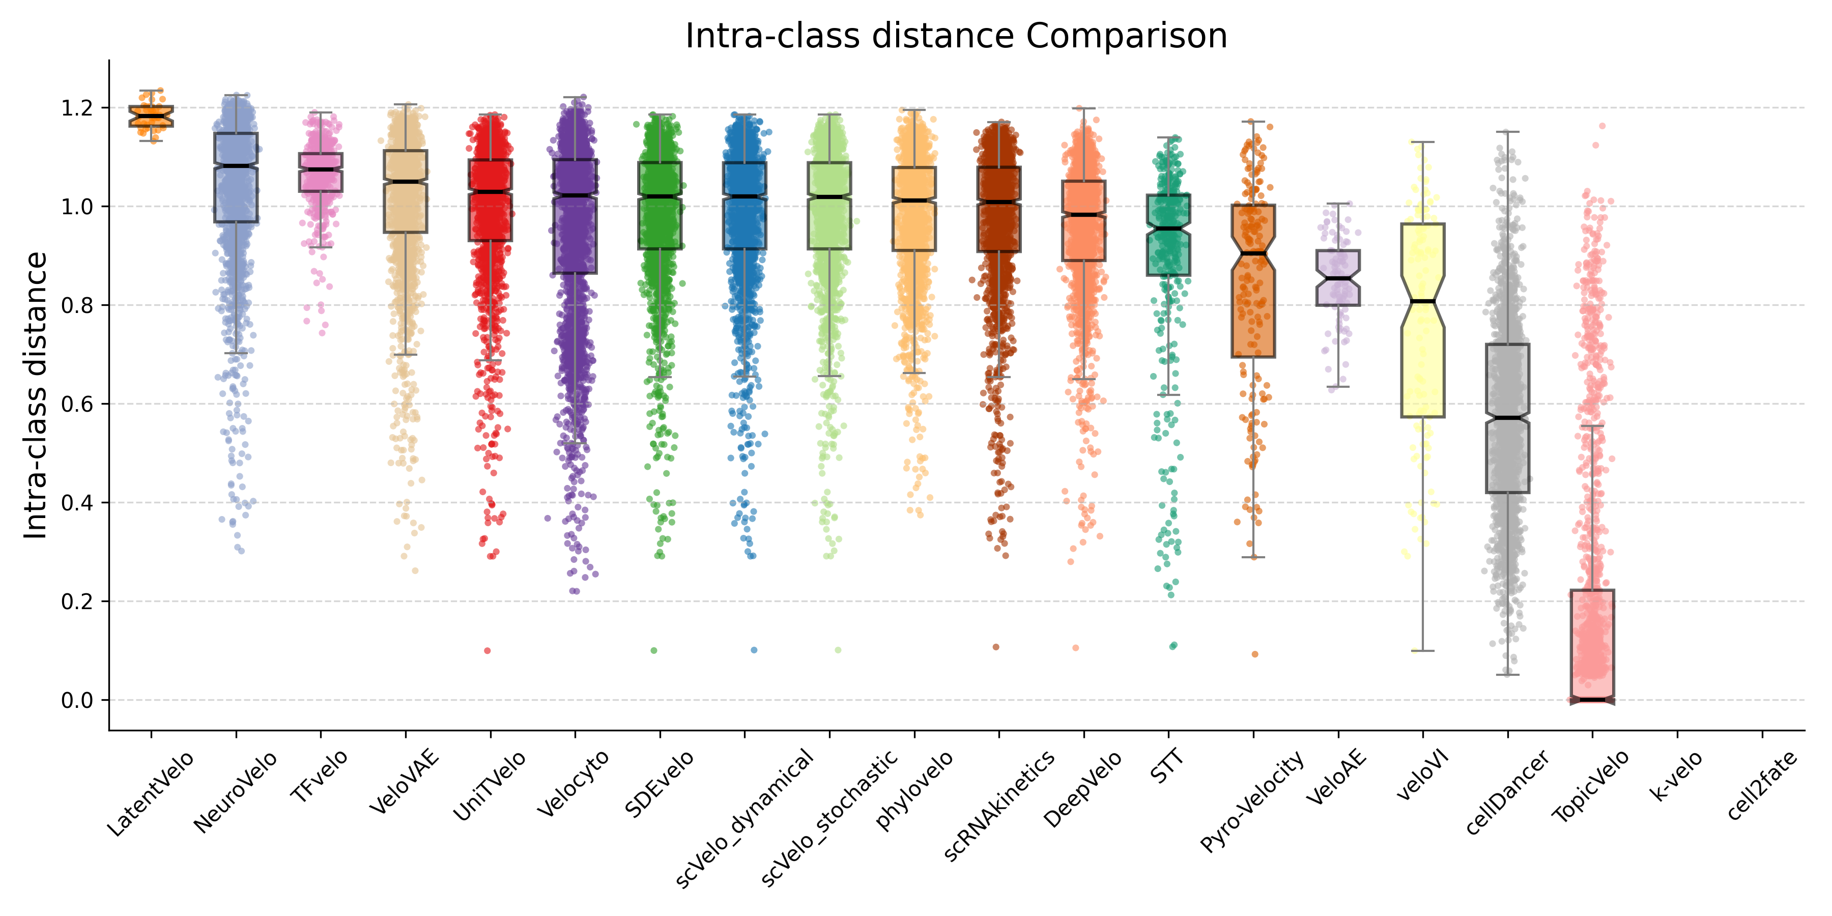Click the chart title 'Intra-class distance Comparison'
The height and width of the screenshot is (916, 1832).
point(956,36)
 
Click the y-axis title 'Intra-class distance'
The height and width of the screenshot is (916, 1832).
point(36,395)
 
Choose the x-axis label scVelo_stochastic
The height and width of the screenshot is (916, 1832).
point(829,818)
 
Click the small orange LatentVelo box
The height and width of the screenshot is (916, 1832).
point(151,116)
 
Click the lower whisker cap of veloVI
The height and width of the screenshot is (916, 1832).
point(1422,651)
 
